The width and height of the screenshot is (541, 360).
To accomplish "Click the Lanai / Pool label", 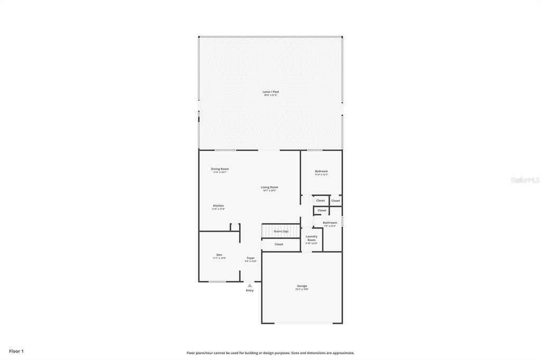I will [x=270, y=92].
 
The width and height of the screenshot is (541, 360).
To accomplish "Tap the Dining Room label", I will [x=220, y=169].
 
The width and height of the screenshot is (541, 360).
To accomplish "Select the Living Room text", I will [x=269, y=187].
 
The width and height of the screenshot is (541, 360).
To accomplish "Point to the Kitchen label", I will [x=218, y=205].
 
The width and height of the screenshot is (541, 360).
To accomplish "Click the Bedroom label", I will [x=321, y=171].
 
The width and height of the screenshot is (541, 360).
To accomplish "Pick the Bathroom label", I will [x=330, y=223].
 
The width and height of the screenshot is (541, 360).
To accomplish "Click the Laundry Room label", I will [x=312, y=238].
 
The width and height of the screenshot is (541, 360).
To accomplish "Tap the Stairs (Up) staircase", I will [x=281, y=231].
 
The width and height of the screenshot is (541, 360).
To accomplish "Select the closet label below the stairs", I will [x=279, y=244].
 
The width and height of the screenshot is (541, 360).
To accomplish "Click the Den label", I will [x=219, y=254].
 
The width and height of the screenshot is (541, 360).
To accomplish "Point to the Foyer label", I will [x=250, y=258].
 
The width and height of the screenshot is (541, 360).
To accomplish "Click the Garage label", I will [x=302, y=286].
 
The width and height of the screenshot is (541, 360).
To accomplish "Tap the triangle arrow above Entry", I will [x=250, y=286].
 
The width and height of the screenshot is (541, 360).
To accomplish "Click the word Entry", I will [x=250, y=290].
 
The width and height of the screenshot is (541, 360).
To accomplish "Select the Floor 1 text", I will [x=16, y=351].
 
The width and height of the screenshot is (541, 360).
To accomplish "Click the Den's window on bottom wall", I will [x=217, y=282].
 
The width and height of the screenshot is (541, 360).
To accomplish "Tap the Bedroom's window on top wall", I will [x=315, y=150].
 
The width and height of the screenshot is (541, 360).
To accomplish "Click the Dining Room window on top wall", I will [x=225, y=150].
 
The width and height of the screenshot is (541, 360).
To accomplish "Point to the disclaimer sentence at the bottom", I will [x=270, y=353].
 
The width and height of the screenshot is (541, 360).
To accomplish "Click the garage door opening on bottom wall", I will [x=302, y=323].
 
